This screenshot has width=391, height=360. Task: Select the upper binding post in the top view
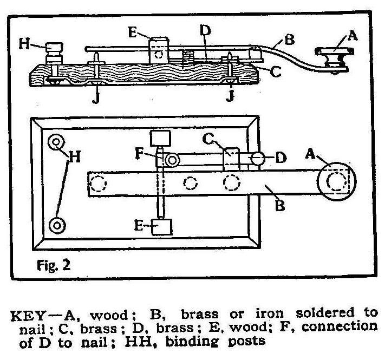point(56,143)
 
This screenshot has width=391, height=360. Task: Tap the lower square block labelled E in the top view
point(161,226)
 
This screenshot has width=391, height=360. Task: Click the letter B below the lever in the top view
point(280,206)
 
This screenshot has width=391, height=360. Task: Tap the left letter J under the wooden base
point(95,99)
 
